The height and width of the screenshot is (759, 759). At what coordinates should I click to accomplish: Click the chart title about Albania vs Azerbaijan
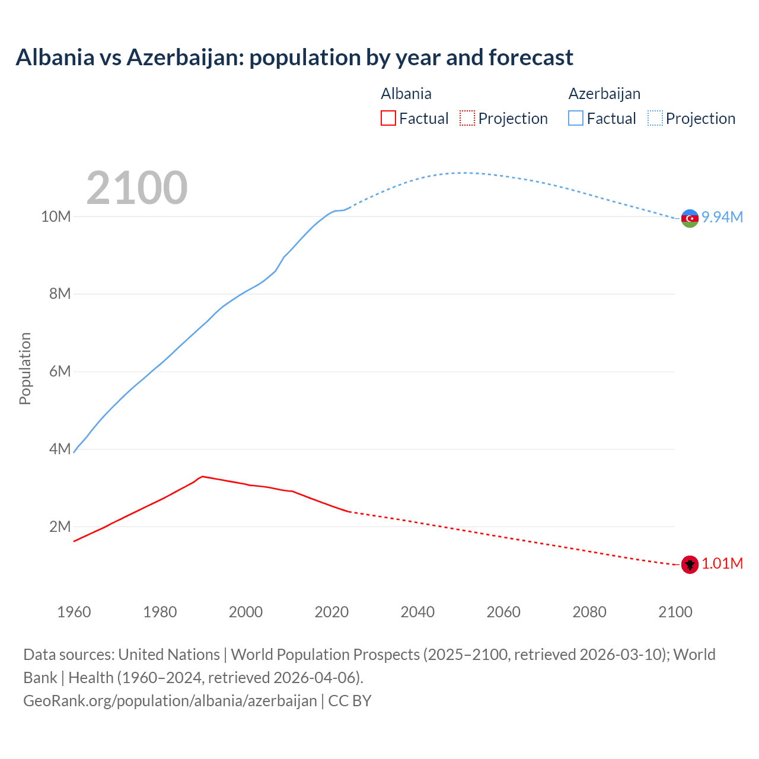tap(294, 58)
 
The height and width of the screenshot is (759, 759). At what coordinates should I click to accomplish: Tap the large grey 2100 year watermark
tap(137, 188)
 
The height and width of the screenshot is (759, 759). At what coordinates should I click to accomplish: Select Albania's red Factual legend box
tap(388, 118)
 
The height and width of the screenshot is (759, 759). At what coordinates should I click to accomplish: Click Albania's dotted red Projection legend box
tap(467, 118)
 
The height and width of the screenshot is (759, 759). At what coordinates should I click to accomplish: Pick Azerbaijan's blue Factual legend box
tap(576, 118)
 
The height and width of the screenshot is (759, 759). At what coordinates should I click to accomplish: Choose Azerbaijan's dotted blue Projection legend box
tap(655, 118)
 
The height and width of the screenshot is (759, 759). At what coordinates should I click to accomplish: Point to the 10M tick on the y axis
tap(56, 217)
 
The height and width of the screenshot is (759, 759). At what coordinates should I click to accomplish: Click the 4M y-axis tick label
tap(59, 449)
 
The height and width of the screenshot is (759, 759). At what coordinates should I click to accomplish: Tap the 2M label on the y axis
tap(59, 527)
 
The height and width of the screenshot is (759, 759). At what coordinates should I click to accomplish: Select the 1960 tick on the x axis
tap(74, 612)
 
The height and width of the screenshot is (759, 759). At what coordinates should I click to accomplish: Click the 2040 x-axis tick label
tap(417, 612)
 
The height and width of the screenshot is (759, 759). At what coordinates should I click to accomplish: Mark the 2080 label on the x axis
tap(589, 612)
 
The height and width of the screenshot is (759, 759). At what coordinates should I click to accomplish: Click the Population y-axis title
tap(25, 369)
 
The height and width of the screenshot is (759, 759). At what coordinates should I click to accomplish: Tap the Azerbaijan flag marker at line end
tap(690, 218)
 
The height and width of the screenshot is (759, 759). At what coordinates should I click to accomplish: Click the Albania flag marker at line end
tap(690, 565)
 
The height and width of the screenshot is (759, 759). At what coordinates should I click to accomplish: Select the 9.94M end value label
tap(722, 218)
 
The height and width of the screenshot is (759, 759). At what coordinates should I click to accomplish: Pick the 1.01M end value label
tap(722, 564)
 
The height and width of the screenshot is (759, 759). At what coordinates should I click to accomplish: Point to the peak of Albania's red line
tap(203, 476)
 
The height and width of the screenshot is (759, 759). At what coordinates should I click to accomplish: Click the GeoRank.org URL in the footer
tap(170, 701)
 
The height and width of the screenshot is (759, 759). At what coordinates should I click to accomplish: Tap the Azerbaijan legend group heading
tap(604, 94)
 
